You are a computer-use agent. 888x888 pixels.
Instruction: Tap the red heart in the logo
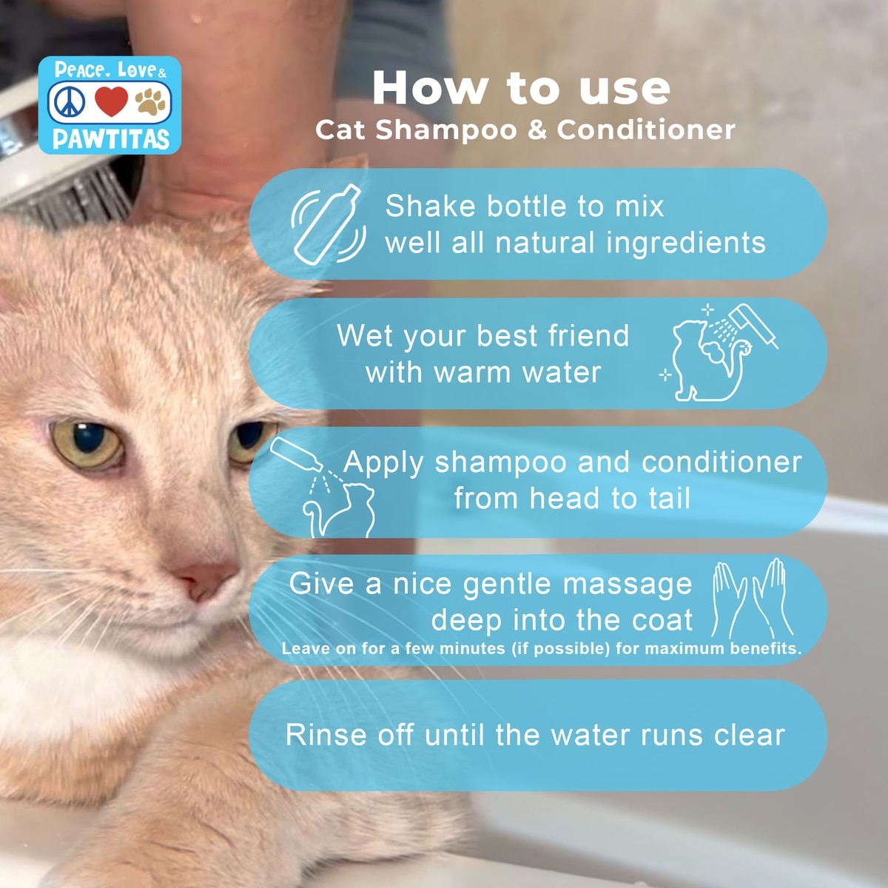(111, 101)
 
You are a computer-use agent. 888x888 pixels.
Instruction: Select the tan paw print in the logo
(150, 102)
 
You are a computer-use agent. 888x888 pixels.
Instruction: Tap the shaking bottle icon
(329, 224)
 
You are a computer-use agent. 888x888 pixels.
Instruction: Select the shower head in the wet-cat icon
(753, 323)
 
